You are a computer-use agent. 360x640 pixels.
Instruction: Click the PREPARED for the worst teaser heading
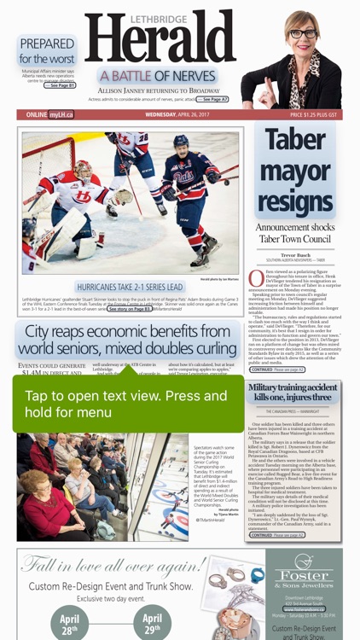click(x=47, y=50)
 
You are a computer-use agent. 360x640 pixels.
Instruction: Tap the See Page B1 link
click(x=61, y=85)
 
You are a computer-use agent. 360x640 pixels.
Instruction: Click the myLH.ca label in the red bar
click(x=61, y=114)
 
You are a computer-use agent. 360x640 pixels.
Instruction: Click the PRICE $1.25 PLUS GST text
click(x=313, y=114)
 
